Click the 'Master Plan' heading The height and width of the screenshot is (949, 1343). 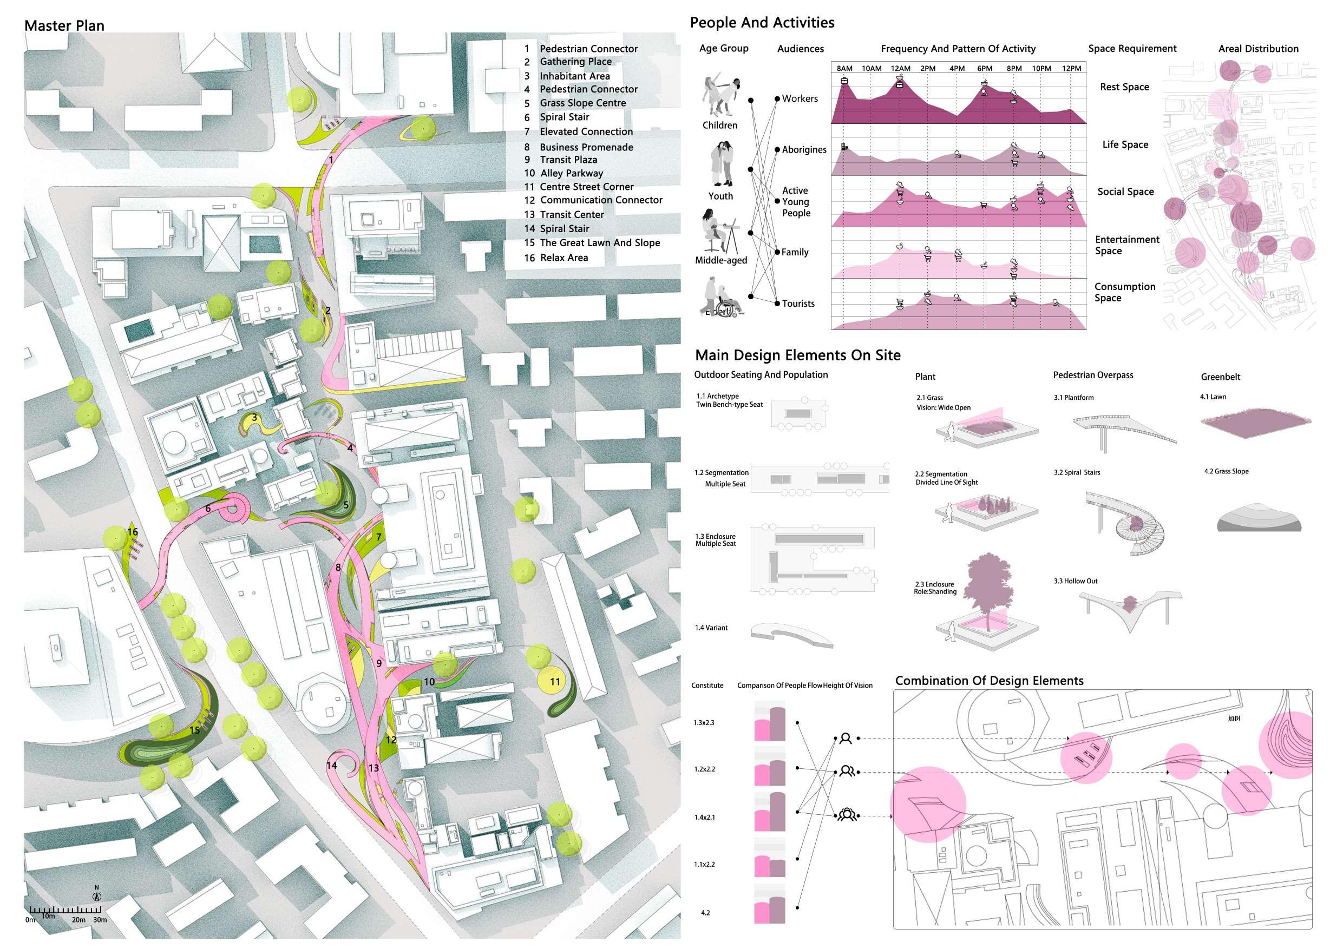[x=64, y=26]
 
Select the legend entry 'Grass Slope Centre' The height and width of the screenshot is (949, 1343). [x=582, y=103]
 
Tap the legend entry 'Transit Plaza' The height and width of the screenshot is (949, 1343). [x=568, y=160]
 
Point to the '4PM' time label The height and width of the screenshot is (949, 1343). [x=957, y=68]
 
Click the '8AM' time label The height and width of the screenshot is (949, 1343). [x=844, y=68]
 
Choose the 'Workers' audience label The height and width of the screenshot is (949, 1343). [x=800, y=99]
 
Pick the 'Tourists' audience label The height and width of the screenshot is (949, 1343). [x=798, y=304]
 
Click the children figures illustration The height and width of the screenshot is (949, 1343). [x=720, y=96]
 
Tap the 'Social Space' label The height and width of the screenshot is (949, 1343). [x=1125, y=192]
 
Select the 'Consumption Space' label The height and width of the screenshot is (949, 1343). [x=1124, y=292]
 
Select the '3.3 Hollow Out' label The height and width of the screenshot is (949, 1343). [x=1075, y=581]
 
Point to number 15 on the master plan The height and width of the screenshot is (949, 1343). [x=195, y=730]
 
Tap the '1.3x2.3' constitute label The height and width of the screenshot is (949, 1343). [x=704, y=723]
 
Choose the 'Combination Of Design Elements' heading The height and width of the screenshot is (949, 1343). [x=989, y=681]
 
